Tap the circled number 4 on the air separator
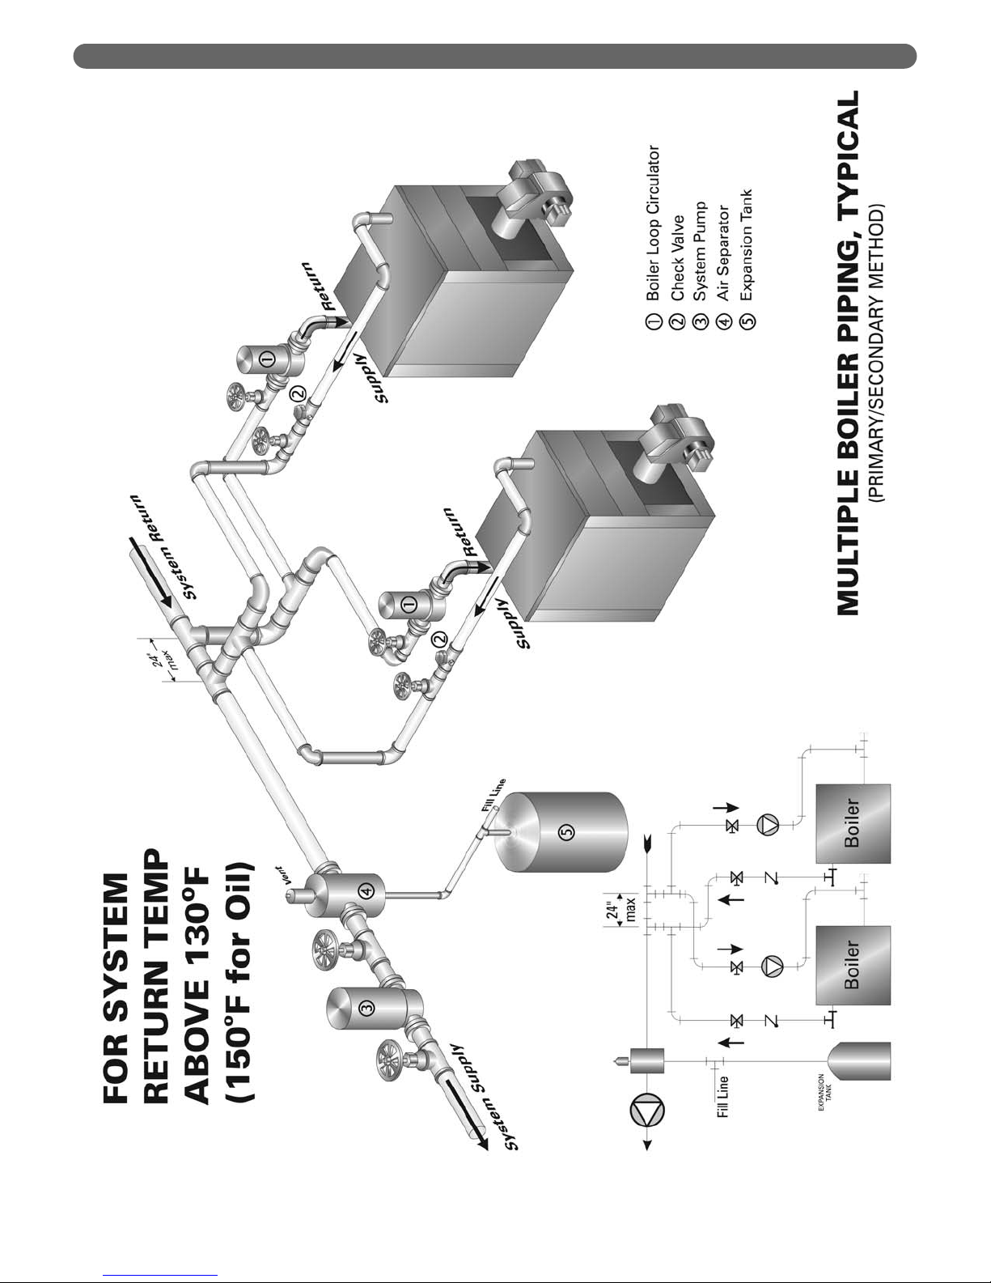tap(367, 891)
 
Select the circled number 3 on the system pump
tap(367, 1008)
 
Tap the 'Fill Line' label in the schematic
tap(722, 1097)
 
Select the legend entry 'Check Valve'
tap(677, 258)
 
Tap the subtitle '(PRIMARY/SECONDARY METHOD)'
tap(877, 354)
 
